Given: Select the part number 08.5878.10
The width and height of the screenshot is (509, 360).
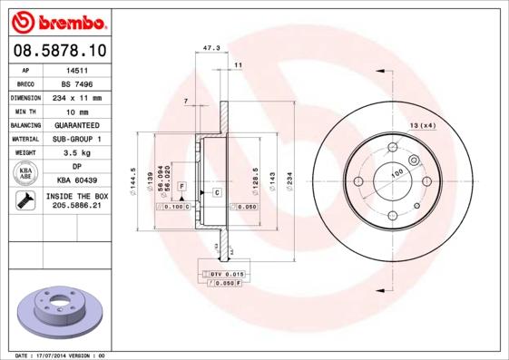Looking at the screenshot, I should coord(58,51).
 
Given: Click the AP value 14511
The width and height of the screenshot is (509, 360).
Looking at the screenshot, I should coord(77,69).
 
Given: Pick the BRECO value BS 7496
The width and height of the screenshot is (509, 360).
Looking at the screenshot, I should coord(77,83).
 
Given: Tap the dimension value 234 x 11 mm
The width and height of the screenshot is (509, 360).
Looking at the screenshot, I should coord(77,97).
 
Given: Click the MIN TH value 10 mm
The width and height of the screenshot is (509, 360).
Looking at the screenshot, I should coord(77,111).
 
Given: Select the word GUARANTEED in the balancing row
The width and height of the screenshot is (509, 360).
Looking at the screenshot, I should coord(77,124).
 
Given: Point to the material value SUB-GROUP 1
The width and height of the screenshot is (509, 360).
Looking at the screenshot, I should coord(77,139).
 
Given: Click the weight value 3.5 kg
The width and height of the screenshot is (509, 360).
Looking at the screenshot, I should coord(77,152).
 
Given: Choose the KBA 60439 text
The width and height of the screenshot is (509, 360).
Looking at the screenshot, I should coord(77,180).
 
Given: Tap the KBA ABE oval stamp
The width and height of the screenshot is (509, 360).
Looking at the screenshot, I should coord(26,174).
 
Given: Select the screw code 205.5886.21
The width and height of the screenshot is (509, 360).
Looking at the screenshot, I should coord(77,207).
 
